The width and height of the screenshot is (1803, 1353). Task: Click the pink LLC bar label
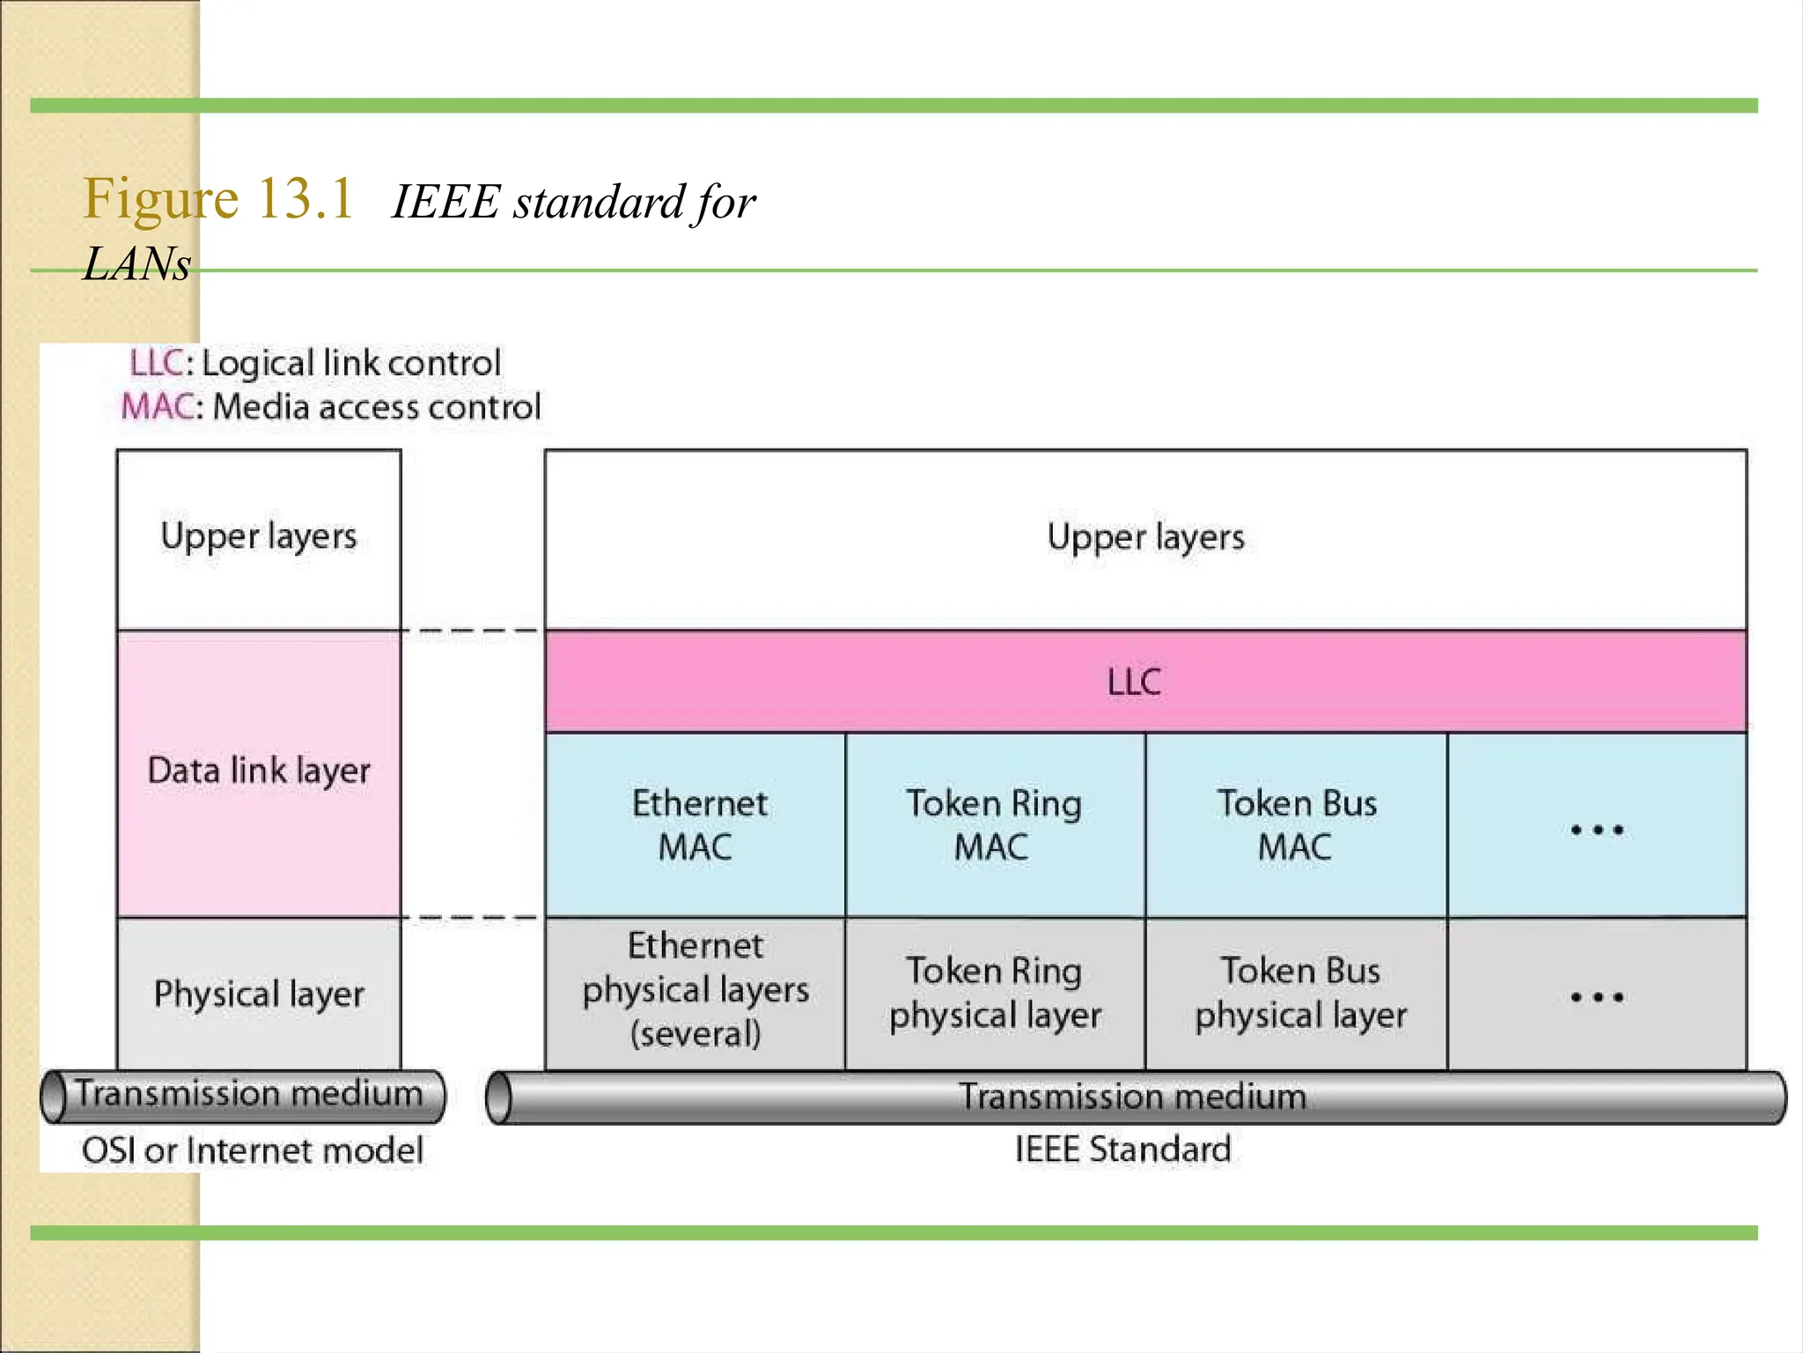1134,682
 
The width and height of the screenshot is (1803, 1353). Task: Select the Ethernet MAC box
695,825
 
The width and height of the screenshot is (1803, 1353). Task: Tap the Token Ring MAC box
994,825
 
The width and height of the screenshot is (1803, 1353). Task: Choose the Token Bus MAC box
1296,825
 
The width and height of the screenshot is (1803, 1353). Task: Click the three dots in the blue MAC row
1597,830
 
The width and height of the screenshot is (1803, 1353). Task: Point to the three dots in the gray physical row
1597,997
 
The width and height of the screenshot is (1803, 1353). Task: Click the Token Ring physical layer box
995,994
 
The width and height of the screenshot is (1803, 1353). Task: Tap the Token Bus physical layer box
1300,994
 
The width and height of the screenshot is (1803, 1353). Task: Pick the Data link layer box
259,772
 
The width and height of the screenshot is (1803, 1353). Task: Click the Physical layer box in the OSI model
259,994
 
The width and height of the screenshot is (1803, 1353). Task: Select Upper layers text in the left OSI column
259,536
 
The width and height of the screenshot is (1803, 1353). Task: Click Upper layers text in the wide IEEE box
1145,537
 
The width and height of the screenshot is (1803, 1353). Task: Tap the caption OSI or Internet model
253,1150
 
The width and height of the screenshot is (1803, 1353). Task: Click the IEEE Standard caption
1122,1150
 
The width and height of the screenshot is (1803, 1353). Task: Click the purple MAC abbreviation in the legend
157,407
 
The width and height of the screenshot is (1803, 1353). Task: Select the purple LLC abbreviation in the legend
156,363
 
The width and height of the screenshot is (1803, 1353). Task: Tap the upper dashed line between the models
475,631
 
